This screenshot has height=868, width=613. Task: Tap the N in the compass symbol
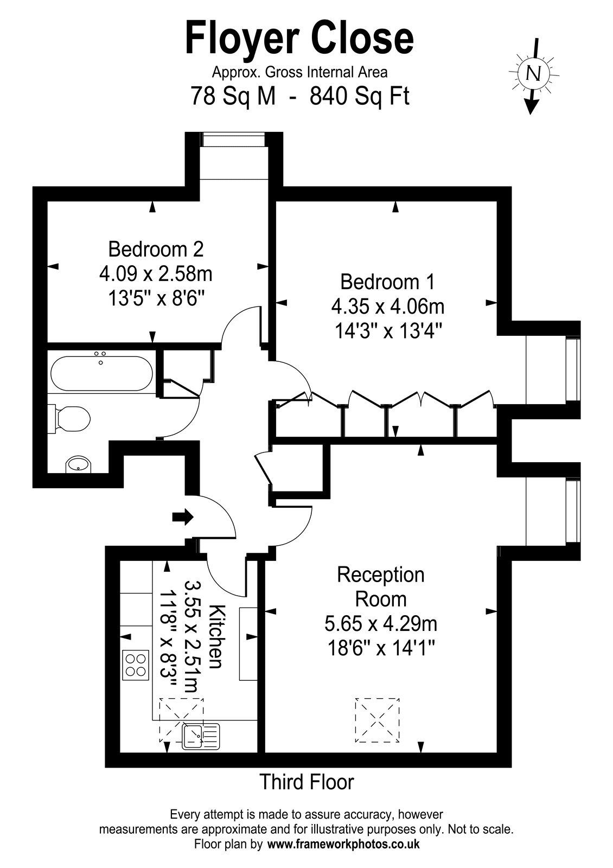point(534,73)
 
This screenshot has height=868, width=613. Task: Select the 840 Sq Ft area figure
point(359,96)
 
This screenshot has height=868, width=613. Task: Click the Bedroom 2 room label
point(156,249)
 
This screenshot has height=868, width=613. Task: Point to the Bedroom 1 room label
point(387,282)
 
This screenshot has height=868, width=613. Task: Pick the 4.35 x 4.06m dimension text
point(388,307)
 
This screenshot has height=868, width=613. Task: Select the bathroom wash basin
point(79,464)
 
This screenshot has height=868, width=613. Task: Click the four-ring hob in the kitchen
point(136,665)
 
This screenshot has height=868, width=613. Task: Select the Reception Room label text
point(381,586)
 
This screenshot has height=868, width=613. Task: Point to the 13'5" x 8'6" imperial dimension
point(156,299)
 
